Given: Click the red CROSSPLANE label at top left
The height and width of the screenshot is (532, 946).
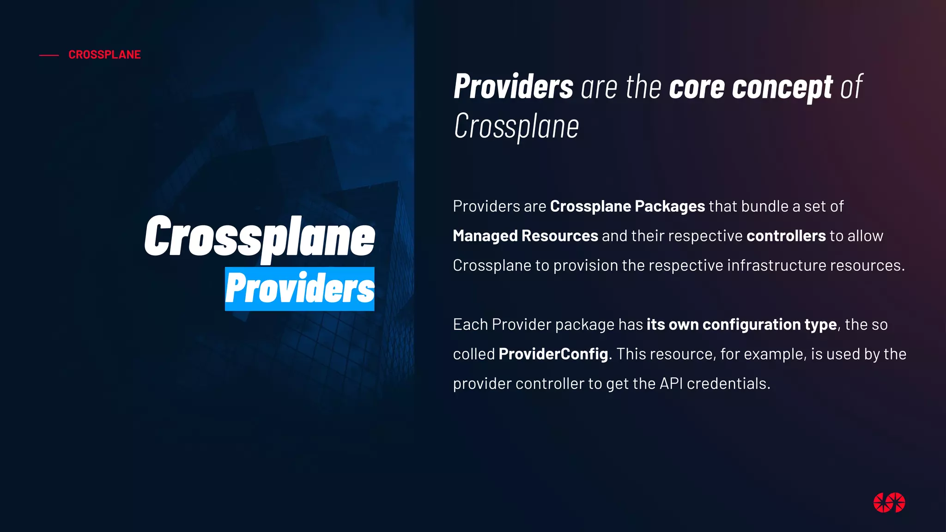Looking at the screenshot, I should click(104, 54).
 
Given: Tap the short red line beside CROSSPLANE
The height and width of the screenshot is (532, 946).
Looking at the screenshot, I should click(49, 55).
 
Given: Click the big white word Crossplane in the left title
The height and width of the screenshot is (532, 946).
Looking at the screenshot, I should click(260, 237).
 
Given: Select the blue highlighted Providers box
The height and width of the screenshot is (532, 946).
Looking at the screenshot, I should click(300, 289).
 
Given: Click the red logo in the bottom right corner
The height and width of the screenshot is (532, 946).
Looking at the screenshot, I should click(889, 502).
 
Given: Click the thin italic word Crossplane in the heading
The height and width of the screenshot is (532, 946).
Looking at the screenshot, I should click(516, 126).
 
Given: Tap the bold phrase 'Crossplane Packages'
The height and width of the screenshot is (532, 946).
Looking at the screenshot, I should click(627, 206).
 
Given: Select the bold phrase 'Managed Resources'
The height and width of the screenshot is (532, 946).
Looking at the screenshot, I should click(525, 236).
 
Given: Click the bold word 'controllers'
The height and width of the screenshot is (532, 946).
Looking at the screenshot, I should click(786, 236).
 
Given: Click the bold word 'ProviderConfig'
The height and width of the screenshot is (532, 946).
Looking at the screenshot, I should click(553, 354).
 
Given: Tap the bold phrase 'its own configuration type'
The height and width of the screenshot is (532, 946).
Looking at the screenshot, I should click(741, 324).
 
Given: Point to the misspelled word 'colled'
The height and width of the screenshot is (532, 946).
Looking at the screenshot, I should click(473, 354).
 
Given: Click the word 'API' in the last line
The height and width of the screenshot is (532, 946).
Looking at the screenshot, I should click(671, 383).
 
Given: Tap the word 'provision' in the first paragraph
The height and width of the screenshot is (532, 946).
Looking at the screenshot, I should click(586, 266).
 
